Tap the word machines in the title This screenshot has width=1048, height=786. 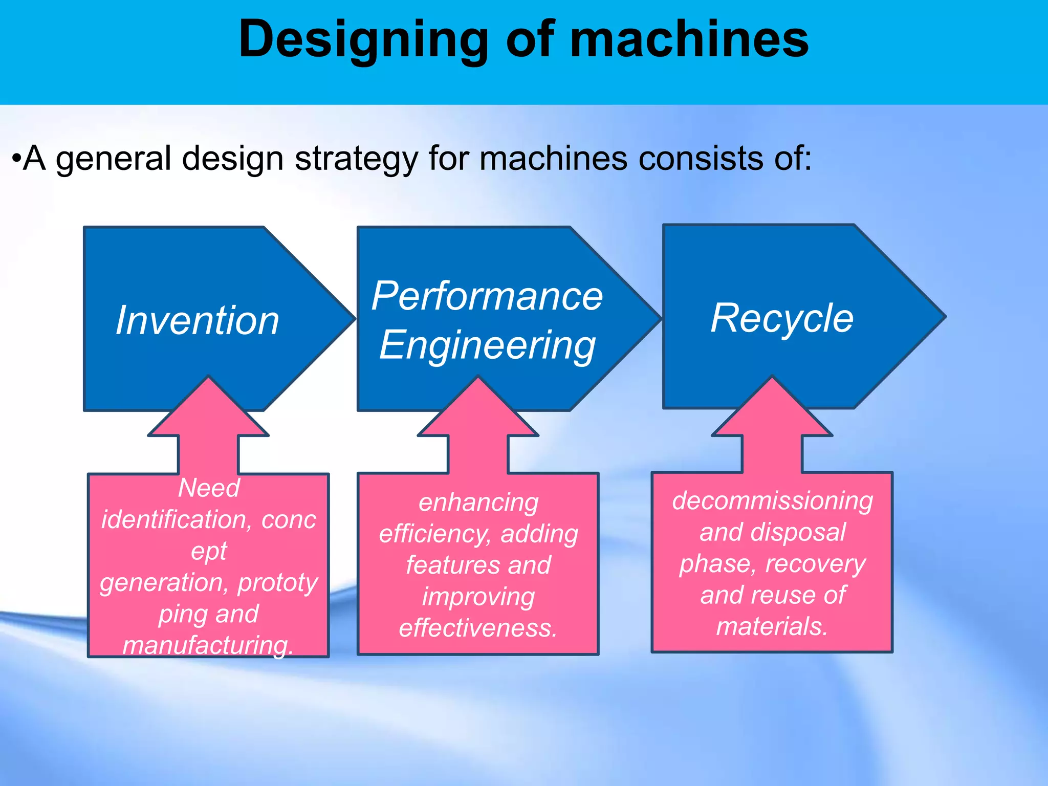(x=689, y=40)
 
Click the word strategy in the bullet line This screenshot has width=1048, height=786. (x=356, y=159)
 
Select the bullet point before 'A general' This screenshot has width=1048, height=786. (x=16, y=159)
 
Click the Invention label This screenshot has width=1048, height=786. (x=198, y=321)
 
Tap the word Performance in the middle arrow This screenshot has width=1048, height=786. (x=487, y=296)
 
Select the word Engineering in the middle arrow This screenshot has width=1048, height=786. (x=487, y=345)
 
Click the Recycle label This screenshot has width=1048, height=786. (x=782, y=318)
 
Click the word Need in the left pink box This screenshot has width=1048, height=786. (x=209, y=488)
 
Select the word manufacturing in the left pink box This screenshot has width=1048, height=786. (x=207, y=645)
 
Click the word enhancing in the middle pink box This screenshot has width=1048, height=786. (x=478, y=503)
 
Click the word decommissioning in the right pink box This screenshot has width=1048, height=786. (x=772, y=500)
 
